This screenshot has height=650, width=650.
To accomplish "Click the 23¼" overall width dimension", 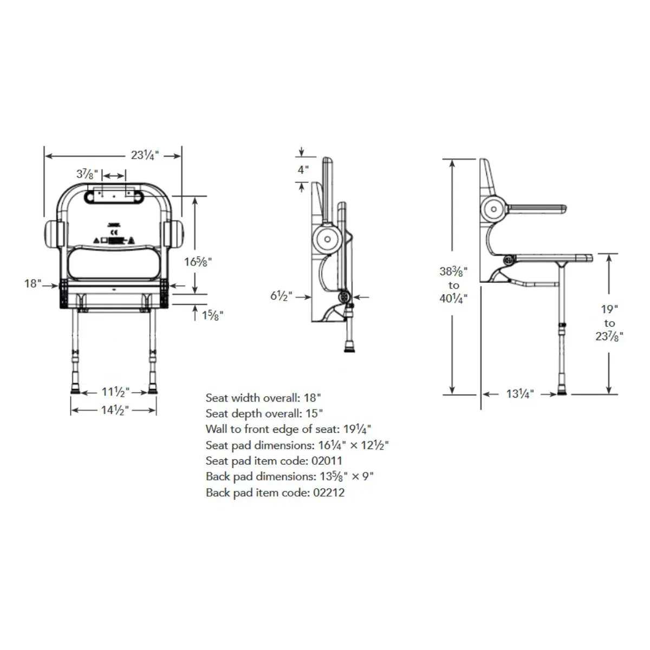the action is click(x=145, y=155).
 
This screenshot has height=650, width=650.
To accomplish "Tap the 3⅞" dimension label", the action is click(x=87, y=174).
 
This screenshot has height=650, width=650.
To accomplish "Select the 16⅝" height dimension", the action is click(x=198, y=262).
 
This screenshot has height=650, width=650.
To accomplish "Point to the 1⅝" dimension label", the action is click(x=212, y=315).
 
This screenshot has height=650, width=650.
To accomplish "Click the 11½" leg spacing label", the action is click(x=116, y=392).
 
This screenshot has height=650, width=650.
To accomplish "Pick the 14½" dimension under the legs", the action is click(x=115, y=410).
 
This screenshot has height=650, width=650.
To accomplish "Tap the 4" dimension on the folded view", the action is click(x=303, y=170).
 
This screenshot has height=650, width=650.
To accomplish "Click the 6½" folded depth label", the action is click(x=281, y=296).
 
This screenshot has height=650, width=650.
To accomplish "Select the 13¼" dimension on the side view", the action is click(x=520, y=394).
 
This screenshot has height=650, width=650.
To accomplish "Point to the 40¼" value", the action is click(x=453, y=298).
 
